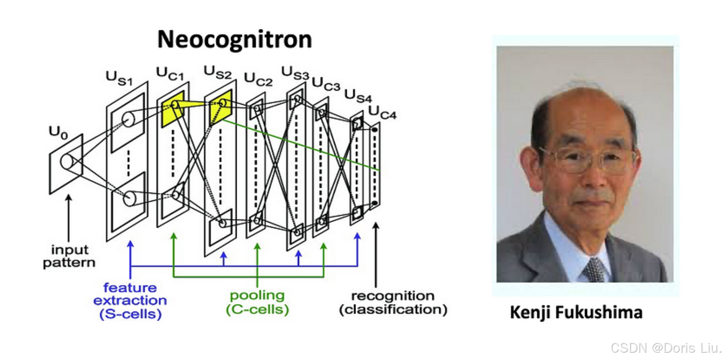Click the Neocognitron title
click(x=235, y=40)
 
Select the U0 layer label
click(x=58, y=132)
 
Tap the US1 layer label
click(x=119, y=78)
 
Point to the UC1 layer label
click(x=170, y=74)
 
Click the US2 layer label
click(x=217, y=72)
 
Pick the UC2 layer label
click(x=258, y=79)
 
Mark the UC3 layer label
click(x=326, y=84)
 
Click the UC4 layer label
click(x=382, y=112)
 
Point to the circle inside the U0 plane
click(x=67, y=162)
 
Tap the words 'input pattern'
click(x=69, y=256)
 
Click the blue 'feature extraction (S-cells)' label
click(x=130, y=301)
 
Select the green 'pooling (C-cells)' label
click(x=258, y=302)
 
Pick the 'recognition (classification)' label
click(x=393, y=302)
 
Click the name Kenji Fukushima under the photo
click(x=576, y=313)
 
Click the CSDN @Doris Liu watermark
click(x=666, y=348)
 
